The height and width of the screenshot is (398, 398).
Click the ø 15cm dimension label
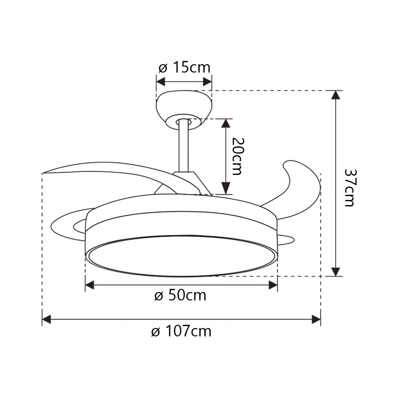[x=184, y=68]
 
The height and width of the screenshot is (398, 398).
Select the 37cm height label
[x=349, y=187]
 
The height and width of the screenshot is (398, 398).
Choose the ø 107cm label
[x=181, y=331]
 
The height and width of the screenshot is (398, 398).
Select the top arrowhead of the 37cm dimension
[x=336, y=95]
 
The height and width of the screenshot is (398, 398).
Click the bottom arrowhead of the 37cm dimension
[x=336, y=272]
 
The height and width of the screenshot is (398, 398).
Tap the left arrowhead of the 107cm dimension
[x=47, y=320]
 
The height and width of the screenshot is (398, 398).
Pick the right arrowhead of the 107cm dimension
[x=316, y=320]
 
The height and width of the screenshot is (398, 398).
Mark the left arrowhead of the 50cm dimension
[x=90, y=285]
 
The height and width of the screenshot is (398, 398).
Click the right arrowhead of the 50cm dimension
[x=273, y=285]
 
